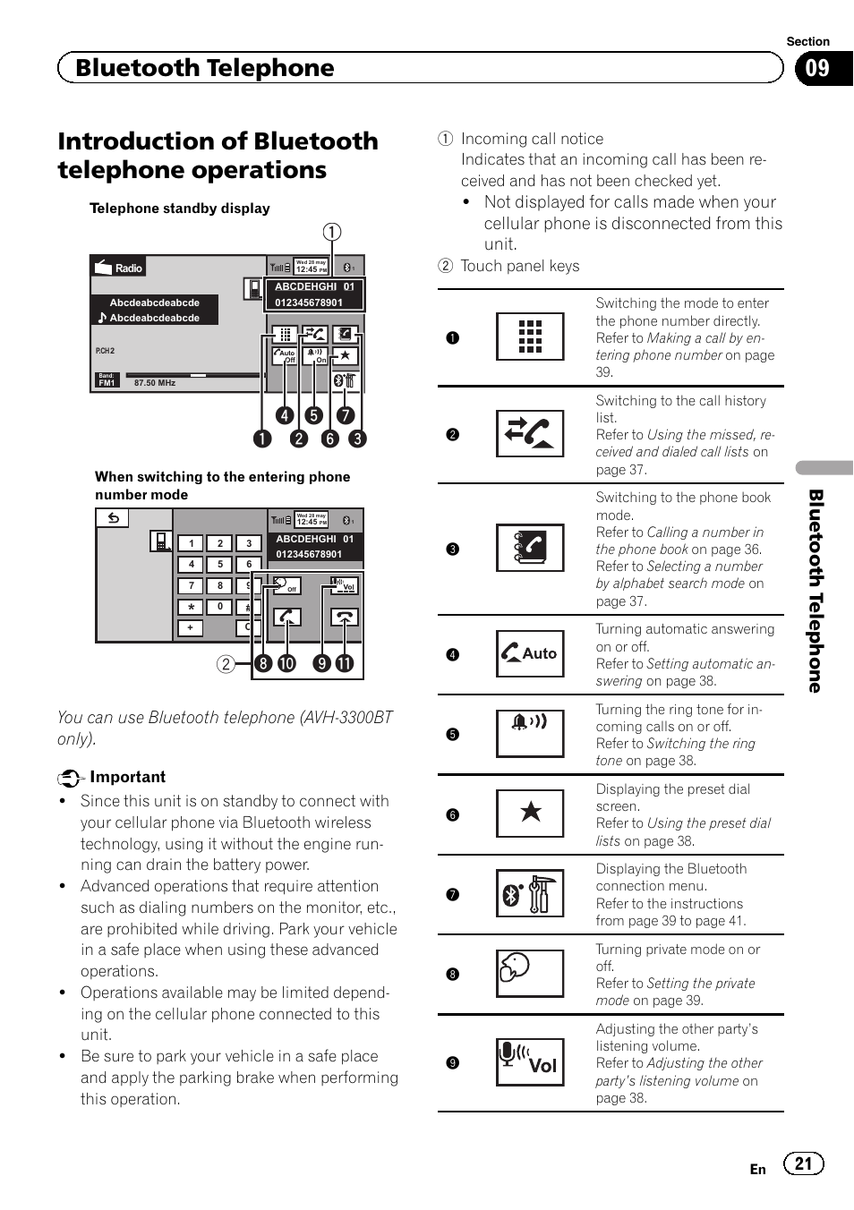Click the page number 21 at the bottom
tap(803, 1163)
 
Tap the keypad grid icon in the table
tap(530, 337)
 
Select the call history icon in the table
tap(530, 434)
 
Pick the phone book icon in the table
tap(530, 548)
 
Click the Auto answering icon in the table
tap(530, 654)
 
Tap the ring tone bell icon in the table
tap(530, 734)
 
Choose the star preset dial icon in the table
tap(530, 814)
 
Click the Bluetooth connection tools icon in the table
tap(530, 893)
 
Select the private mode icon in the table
tap(530, 973)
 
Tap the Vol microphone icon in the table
tap(530, 1062)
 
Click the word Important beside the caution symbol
tap(127, 777)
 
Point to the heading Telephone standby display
tap(179, 209)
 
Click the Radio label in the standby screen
tap(128, 268)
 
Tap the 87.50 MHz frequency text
tap(155, 383)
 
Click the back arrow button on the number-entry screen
tap(114, 518)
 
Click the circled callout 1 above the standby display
tap(332, 233)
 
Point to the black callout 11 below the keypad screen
tap(345, 663)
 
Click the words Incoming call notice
tap(532, 139)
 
